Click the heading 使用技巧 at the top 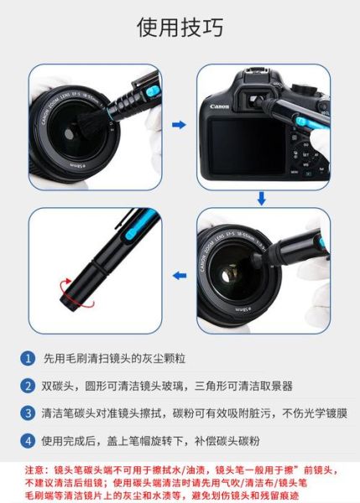coord(180,28)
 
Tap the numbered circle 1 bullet coord(29,358)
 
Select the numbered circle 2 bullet coord(29,386)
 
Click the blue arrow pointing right coord(178,124)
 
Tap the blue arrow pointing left coord(178,273)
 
